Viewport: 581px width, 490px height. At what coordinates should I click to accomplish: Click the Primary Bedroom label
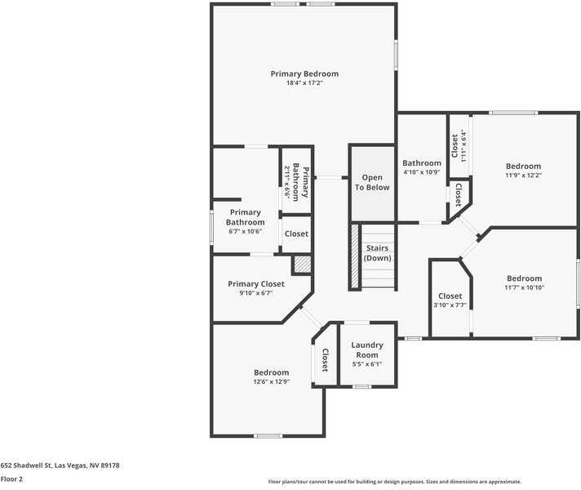pos(304,73)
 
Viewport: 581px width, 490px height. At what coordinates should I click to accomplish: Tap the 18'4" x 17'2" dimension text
pos(304,83)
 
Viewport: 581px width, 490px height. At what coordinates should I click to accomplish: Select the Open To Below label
pos(372,182)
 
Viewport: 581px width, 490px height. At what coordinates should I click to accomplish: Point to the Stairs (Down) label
pos(377,253)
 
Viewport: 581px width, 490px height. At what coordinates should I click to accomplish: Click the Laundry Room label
pos(367,350)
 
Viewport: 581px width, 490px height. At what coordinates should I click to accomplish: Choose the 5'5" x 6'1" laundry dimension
pos(367,364)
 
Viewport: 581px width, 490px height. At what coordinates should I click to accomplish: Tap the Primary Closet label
pos(256,284)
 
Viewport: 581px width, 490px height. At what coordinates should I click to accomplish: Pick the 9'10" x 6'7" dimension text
pos(256,293)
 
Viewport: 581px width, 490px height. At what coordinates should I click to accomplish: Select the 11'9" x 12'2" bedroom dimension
pos(523,176)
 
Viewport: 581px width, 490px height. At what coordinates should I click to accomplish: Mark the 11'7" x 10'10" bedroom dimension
pos(524,287)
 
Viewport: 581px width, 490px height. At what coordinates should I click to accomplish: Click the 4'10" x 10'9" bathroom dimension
pos(422,172)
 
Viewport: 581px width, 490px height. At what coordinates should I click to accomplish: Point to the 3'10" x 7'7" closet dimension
pos(450,305)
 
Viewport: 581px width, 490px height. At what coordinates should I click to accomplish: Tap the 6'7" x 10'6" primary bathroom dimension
pos(245,231)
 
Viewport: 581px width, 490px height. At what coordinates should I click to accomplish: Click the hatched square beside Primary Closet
pos(303,265)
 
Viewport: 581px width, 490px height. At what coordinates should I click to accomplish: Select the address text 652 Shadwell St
pos(60,465)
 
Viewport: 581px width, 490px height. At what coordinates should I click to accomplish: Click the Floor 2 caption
pos(11,479)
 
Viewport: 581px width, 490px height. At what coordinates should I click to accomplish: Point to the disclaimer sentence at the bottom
pos(394,482)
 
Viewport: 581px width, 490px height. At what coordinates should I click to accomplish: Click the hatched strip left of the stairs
pos(355,256)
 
